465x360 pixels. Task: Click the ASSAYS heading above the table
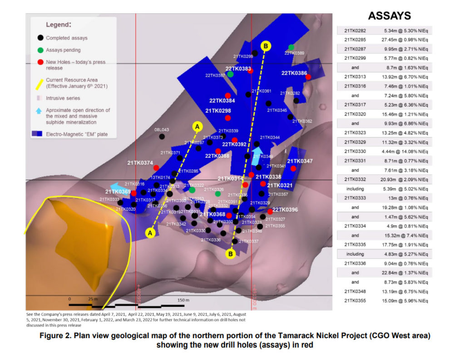(x=389, y=16)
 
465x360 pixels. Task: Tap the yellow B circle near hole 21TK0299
(x=266, y=45)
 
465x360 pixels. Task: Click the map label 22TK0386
(x=294, y=73)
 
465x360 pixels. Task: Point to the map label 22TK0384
(x=222, y=101)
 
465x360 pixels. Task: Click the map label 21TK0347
(x=300, y=161)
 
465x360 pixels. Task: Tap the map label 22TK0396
(x=285, y=210)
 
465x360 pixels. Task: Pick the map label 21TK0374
(x=140, y=163)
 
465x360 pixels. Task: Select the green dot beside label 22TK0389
(x=291, y=47)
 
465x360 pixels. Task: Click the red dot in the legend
(x=40, y=62)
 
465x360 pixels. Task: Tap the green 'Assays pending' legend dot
(x=40, y=50)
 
